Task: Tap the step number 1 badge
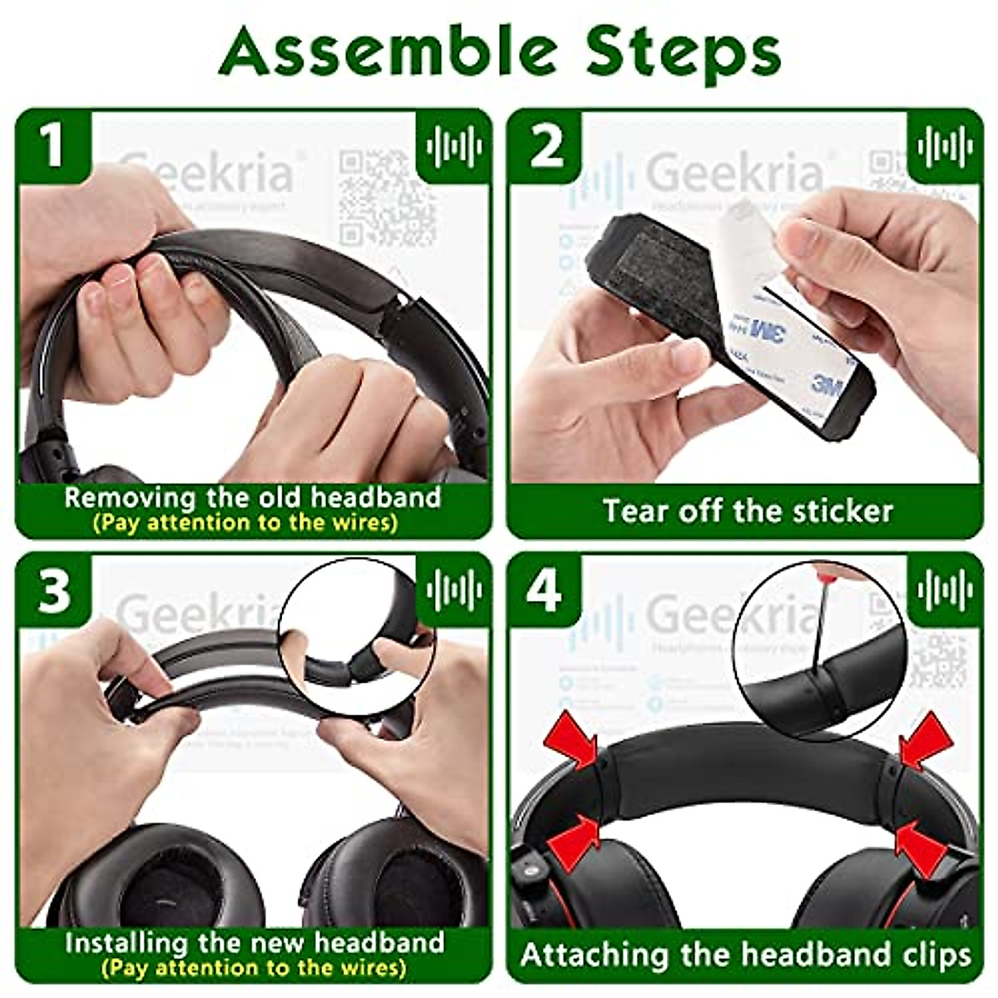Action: (x=53, y=146)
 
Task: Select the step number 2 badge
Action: (x=546, y=146)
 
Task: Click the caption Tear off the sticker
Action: (x=747, y=511)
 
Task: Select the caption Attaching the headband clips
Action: (x=746, y=955)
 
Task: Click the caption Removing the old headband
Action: (x=252, y=497)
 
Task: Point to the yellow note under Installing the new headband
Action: (x=253, y=968)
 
